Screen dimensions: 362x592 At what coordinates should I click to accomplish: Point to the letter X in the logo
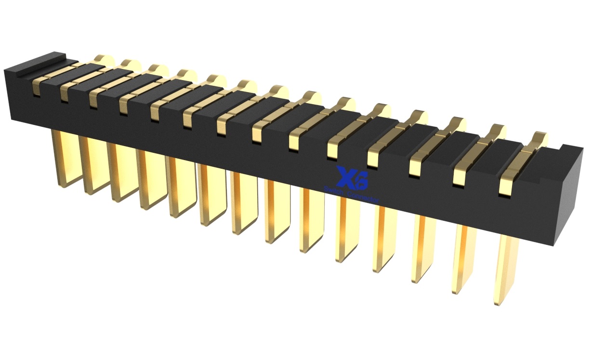pos(345,176)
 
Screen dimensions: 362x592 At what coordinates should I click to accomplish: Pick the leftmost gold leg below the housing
pos(65,159)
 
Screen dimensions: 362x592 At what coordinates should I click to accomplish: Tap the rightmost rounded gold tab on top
pos(539,137)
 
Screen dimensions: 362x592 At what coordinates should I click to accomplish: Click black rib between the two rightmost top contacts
pos(496,149)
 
